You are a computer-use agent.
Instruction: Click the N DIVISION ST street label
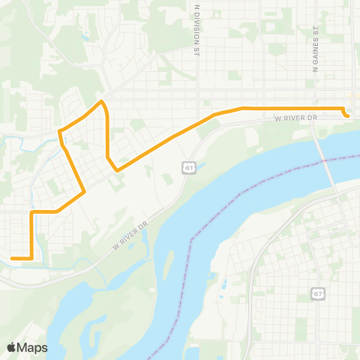pos(197,30)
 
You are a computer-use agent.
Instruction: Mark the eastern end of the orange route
pos(347,115)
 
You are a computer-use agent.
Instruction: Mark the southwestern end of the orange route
pos(12,259)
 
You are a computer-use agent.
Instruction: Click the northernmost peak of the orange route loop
pos(101,100)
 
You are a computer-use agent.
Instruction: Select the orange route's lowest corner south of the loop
pos(31,259)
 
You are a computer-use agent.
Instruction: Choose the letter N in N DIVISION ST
pos(197,6)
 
